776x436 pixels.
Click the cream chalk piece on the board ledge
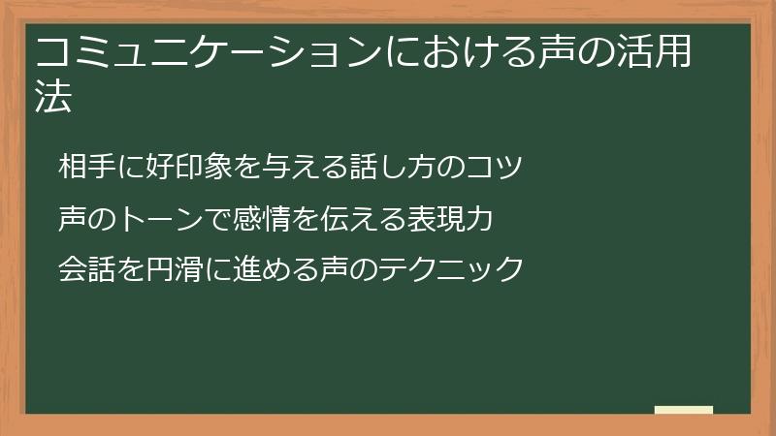tap(684, 410)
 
